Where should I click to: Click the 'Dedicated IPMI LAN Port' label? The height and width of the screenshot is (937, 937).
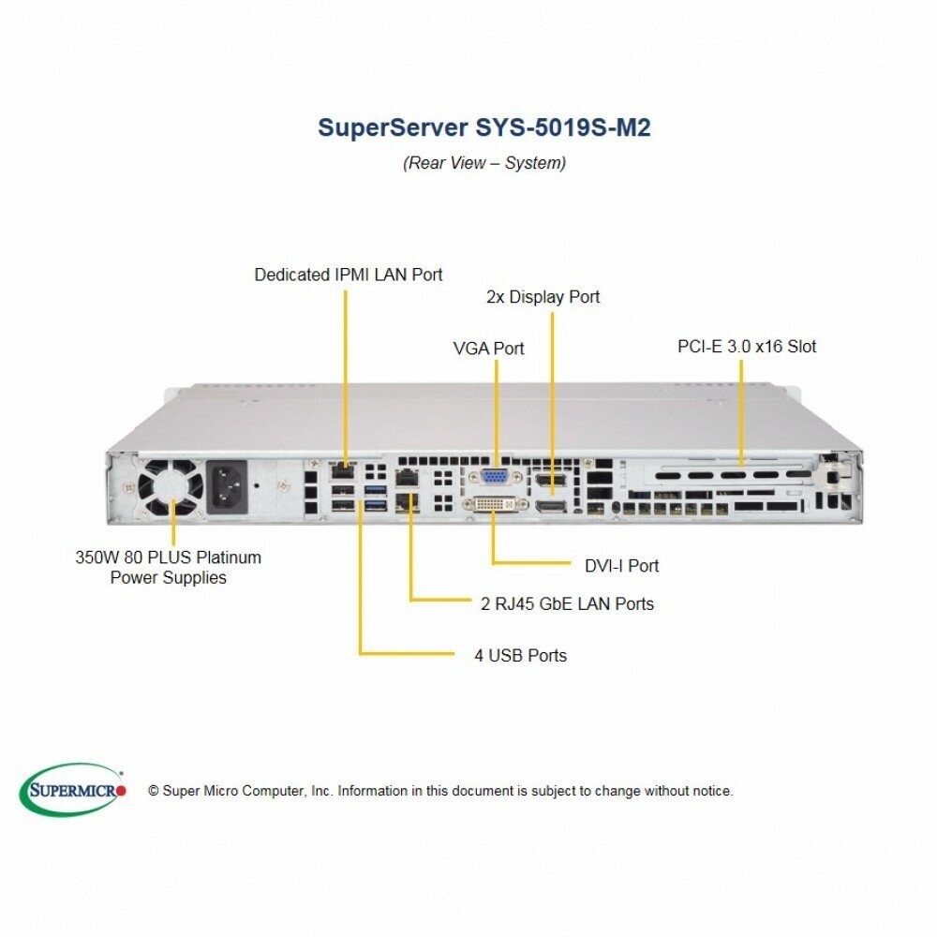[x=349, y=275]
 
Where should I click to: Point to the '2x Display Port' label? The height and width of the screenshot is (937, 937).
[x=543, y=297]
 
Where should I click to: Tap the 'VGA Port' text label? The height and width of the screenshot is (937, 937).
[x=488, y=349]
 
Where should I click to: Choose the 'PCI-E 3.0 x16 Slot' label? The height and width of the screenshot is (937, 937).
[x=747, y=347]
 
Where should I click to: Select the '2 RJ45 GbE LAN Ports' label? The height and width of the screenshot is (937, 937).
[x=567, y=603]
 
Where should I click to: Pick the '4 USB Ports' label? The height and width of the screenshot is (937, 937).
[x=520, y=655]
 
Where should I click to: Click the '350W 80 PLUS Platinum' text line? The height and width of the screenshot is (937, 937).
[x=168, y=558]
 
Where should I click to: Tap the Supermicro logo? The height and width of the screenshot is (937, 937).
[x=72, y=789]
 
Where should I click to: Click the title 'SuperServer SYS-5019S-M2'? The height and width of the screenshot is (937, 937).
[x=483, y=127]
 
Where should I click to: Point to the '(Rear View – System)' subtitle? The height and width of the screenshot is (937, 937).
[x=484, y=163]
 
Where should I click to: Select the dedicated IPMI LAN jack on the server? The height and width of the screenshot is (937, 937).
[x=344, y=470]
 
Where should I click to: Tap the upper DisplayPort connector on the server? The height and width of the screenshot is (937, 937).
[x=551, y=483]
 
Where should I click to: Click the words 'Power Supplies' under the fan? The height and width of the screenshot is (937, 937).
[x=168, y=578]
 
